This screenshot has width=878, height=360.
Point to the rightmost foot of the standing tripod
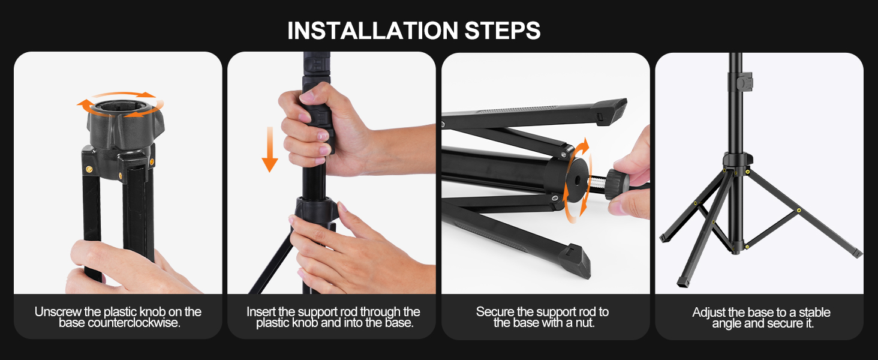[855, 253]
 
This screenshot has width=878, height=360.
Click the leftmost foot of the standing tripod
[664, 237]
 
